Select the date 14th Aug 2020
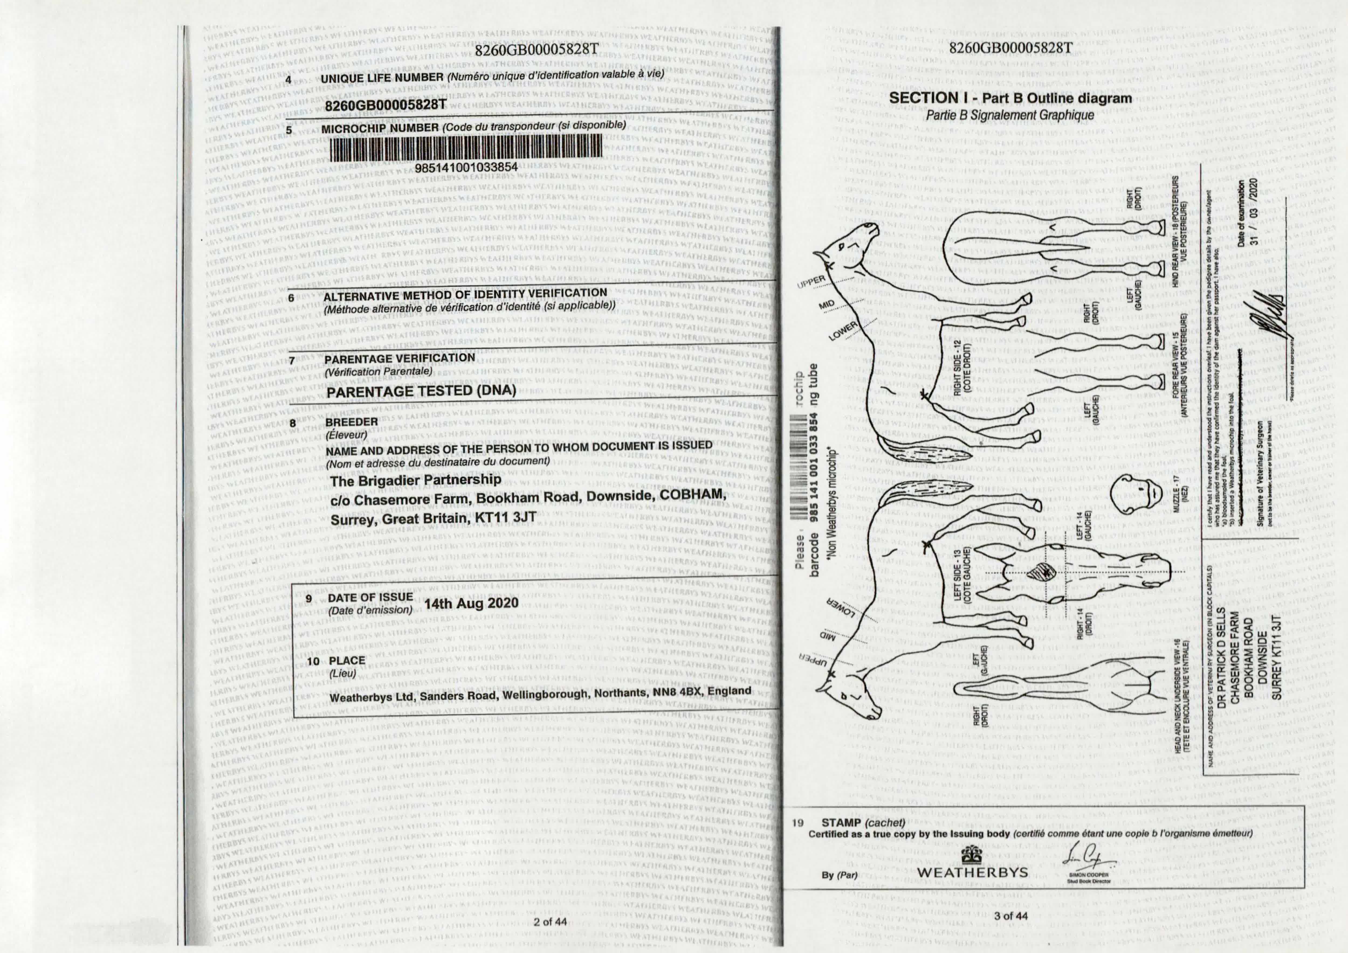point(471,603)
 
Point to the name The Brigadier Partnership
point(416,480)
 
